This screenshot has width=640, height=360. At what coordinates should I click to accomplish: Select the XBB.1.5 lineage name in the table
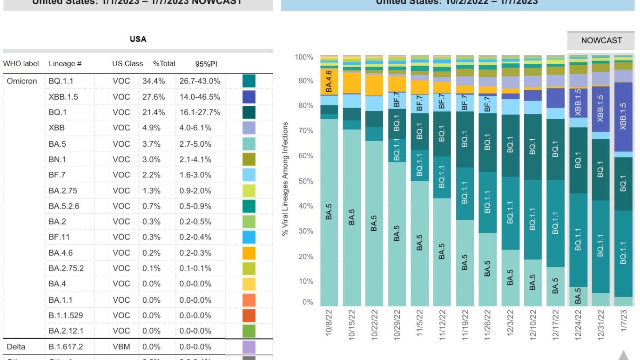63,97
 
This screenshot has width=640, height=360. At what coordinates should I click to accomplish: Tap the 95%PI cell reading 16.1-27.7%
199,112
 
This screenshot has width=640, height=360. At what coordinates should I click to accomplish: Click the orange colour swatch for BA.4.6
249,253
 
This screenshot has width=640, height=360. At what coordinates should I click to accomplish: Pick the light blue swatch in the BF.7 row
249,175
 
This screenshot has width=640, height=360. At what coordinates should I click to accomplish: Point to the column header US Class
127,63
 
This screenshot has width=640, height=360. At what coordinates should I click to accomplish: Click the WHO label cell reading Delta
16,347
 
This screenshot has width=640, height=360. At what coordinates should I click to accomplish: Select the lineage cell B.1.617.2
66,347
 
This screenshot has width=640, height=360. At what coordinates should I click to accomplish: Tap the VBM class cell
121,347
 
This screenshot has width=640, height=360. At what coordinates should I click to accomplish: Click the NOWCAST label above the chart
601,41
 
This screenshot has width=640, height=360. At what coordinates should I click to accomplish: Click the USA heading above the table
138,39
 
